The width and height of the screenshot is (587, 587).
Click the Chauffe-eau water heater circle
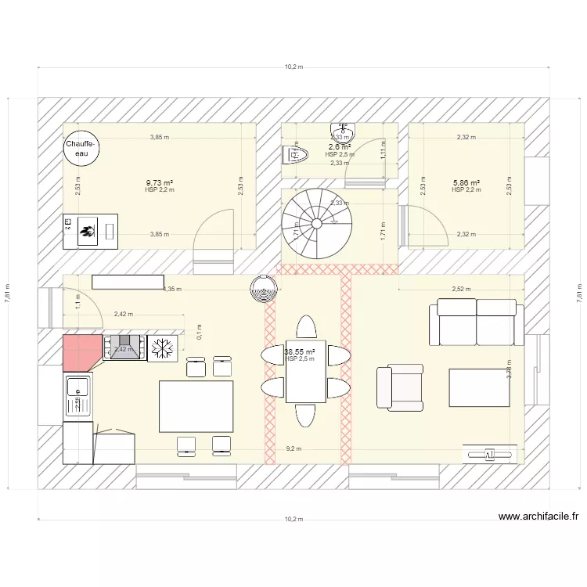pos(82,149)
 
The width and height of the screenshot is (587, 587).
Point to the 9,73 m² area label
pos(160,182)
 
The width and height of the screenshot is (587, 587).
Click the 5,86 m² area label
pos(466,182)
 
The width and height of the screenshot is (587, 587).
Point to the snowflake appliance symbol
pos(163,348)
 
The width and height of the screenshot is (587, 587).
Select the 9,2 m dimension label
pos(293,448)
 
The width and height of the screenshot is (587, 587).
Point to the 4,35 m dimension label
pos(172,289)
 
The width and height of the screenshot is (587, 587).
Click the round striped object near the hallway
pos(264,290)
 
